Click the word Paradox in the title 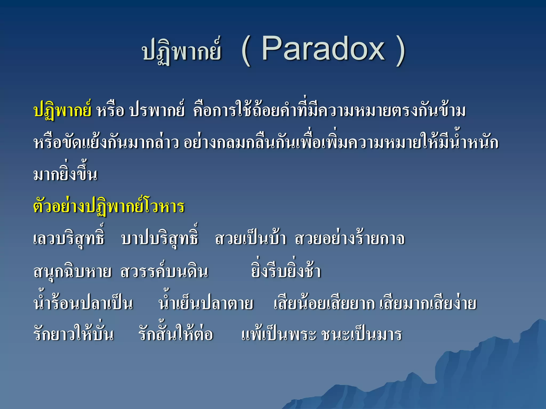[x=323, y=49]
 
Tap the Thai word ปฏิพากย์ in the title [x=182, y=51]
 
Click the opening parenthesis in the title [x=246, y=51]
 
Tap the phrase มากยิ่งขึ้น [x=66, y=174]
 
